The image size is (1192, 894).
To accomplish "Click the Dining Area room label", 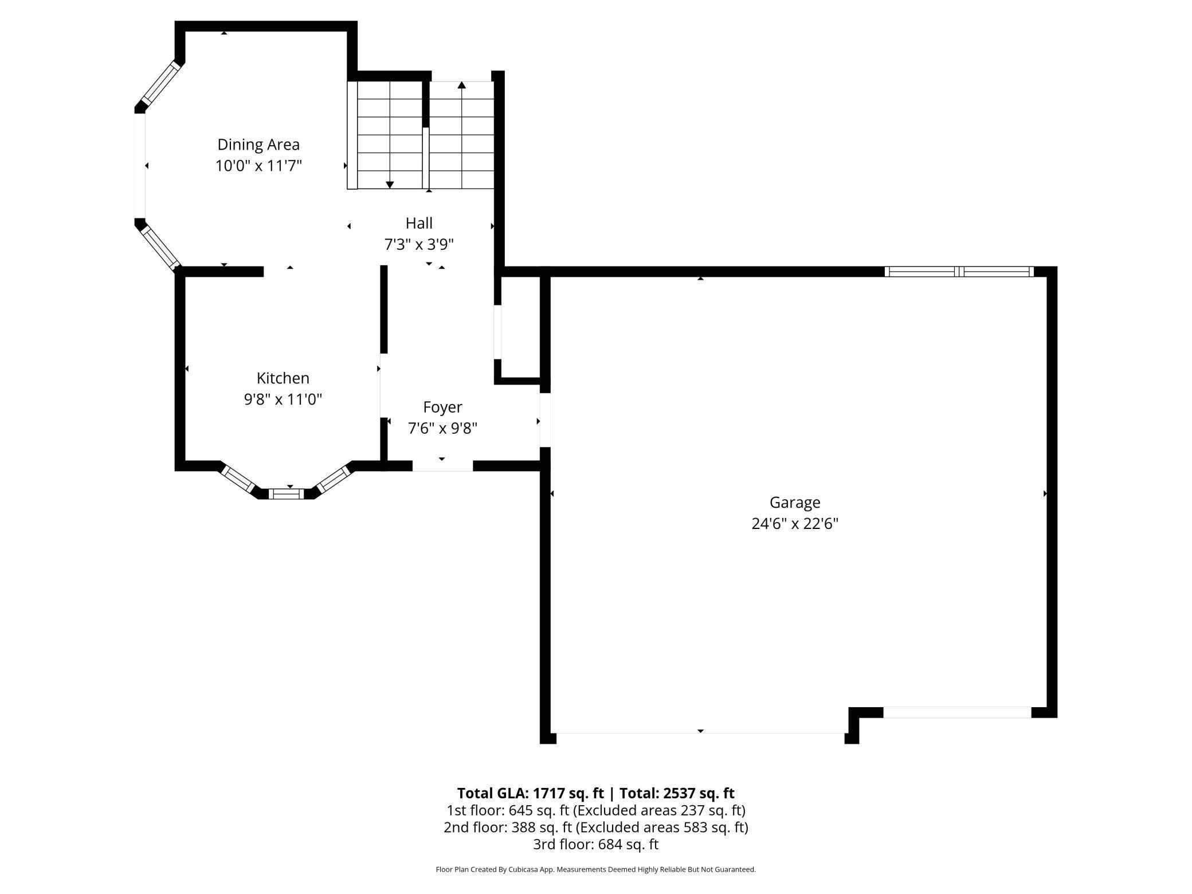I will pyautogui.click(x=258, y=144).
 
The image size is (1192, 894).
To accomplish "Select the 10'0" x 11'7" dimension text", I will pyautogui.click(x=258, y=166).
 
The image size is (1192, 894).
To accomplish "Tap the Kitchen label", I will pyautogui.click(x=283, y=378).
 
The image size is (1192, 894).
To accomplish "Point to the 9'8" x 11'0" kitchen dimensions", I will pyautogui.click(x=283, y=399).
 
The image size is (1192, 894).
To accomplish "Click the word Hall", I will pyautogui.click(x=419, y=223).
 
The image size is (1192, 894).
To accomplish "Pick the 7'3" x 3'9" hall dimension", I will pyautogui.click(x=419, y=245).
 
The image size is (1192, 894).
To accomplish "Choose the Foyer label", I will pyautogui.click(x=442, y=407).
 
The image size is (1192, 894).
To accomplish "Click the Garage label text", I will pyautogui.click(x=794, y=503).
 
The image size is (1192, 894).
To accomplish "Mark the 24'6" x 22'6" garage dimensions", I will pyautogui.click(x=794, y=524).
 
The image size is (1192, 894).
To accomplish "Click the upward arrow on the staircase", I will pyautogui.click(x=461, y=86).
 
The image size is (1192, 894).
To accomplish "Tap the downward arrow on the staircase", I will pyautogui.click(x=390, y=184).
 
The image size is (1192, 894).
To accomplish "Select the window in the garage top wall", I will pyautogui.click(x=959, y=272).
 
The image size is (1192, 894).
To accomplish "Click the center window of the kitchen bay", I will pyautogui.click(x=286, y=493).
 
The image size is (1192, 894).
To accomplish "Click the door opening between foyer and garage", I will pyautogui.click(x=545, y=419).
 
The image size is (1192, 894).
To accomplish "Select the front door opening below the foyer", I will pyautogui.click(x=442, y=466).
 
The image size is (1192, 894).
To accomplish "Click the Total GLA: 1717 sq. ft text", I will pyautogui.click(x=530, y=793).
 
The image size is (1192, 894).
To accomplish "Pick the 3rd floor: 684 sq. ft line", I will pyautogui.click(x=595, y=844).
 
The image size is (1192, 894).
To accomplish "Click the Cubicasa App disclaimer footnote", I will pyautogui.click(x=595, y=869).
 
